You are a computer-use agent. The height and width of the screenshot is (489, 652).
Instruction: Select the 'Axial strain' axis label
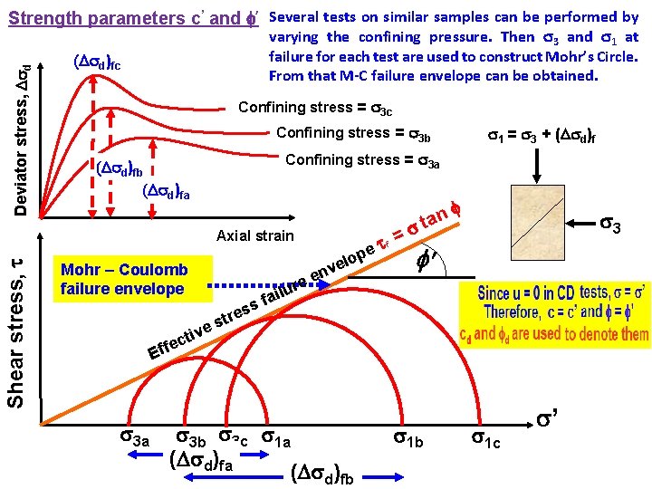pyautogui.click(x=256, y=236)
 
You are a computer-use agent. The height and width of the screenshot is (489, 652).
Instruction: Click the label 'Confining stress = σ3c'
pyautogui.click(x=314, y=108)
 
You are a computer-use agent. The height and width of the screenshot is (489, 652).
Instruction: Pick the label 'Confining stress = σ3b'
pyautogui.click(x=352, y=134)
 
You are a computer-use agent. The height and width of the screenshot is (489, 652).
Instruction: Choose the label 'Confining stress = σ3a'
pyautogui.click(x=362, y=160)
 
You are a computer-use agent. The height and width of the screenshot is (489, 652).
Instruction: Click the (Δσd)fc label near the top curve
pyautogui.click(x=96, y=62)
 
